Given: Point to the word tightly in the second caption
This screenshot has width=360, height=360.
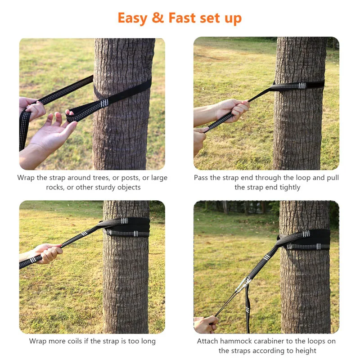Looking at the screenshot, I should coord(286,187).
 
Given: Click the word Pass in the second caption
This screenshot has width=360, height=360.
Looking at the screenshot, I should coord(202,178).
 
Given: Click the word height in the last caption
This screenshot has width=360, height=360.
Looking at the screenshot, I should coord(306,351).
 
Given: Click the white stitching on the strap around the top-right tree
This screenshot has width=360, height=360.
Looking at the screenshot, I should coord(301,85).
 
